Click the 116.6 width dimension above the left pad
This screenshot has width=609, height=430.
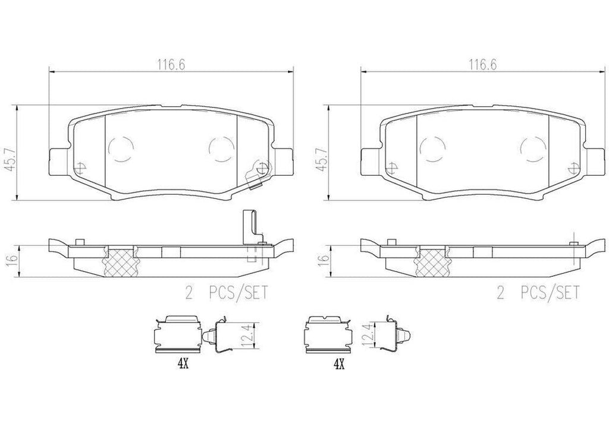point(171,66)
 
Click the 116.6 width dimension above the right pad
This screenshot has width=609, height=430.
point(483,66)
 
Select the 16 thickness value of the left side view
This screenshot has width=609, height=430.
point(10,260)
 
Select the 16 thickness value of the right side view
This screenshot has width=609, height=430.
point(322,260)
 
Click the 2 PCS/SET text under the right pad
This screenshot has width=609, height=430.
point(537,293)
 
